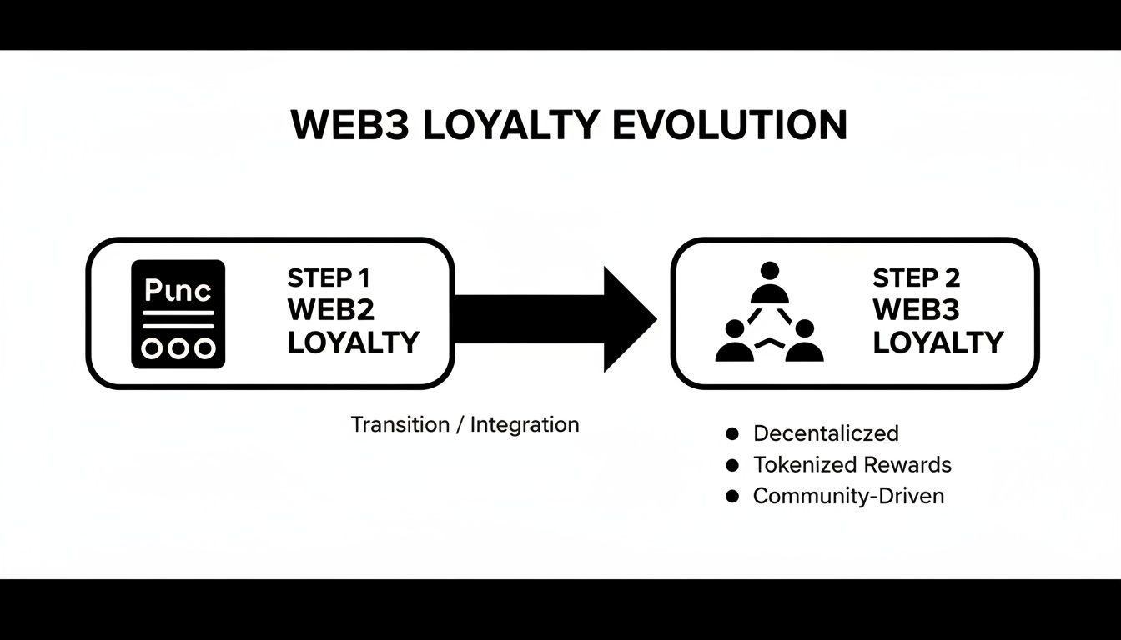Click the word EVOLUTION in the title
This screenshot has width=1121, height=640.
point(730,126)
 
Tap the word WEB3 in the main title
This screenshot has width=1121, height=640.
point(349,126)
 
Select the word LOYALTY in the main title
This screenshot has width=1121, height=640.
point(510,126)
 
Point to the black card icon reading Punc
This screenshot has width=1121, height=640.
point(178,314)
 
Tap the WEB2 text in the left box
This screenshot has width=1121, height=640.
point(331,309)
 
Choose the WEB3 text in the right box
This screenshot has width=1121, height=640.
point(916,309)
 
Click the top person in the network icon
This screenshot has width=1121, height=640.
point(769,283)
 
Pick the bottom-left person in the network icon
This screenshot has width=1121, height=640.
point(735,342)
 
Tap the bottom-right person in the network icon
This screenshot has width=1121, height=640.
point(804,342)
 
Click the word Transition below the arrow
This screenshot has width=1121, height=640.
point(400,424)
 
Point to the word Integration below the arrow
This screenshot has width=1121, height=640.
point(525,424)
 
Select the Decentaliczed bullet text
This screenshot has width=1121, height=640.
point(826,433)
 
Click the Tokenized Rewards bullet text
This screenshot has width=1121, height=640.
point(852,464)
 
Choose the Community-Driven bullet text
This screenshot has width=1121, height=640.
point(848,496)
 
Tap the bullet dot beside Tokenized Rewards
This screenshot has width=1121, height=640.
point(733,465)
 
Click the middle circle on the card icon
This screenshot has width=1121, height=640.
point(178,348)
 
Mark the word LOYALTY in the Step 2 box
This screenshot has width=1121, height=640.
point(938,342)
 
